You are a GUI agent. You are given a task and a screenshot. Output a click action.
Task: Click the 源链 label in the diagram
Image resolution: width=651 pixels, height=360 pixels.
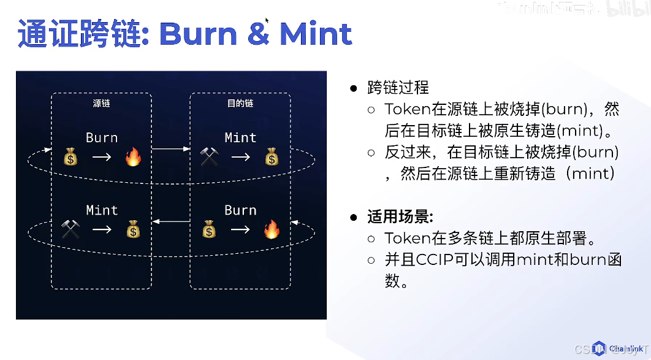tap(101, 103)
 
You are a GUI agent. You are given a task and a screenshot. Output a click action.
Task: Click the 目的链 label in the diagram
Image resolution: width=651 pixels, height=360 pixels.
tap(240, 103)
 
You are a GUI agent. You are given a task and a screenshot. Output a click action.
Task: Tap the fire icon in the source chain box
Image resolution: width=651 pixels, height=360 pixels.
tap(133, 158)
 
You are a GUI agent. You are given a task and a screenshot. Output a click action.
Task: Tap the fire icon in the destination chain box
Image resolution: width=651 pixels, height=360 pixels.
tap(271, 230)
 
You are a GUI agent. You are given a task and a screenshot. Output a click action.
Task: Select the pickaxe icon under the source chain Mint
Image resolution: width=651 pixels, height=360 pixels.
tap(70, 230)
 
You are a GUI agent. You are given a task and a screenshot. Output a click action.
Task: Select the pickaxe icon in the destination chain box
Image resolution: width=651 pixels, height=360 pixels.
tap(209, 158)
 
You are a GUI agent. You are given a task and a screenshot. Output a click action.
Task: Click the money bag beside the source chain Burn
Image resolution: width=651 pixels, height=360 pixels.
tap(70, 158)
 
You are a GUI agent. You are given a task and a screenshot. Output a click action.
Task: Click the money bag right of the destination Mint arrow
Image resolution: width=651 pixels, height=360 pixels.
tap(272, 158)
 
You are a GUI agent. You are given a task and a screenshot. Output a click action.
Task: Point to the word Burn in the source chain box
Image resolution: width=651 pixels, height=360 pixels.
tap(102, 137)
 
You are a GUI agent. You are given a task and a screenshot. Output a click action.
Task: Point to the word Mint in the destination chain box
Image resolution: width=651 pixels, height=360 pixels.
tap(240, 137)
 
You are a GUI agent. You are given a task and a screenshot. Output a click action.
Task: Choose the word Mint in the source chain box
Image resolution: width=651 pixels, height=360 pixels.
tap(102, 210)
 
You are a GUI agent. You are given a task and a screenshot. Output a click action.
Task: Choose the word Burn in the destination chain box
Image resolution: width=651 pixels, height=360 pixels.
tap(240, 210)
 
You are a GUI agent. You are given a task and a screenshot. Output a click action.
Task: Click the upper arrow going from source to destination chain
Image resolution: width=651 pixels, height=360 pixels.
tap(170, 149)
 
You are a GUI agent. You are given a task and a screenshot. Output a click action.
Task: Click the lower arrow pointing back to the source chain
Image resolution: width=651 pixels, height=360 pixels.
tap(170, 221)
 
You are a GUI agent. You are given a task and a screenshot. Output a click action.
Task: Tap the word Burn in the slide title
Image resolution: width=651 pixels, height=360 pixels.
tap(198, 34)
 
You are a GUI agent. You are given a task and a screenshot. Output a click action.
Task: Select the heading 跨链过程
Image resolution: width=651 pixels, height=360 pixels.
tap(398, 88)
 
